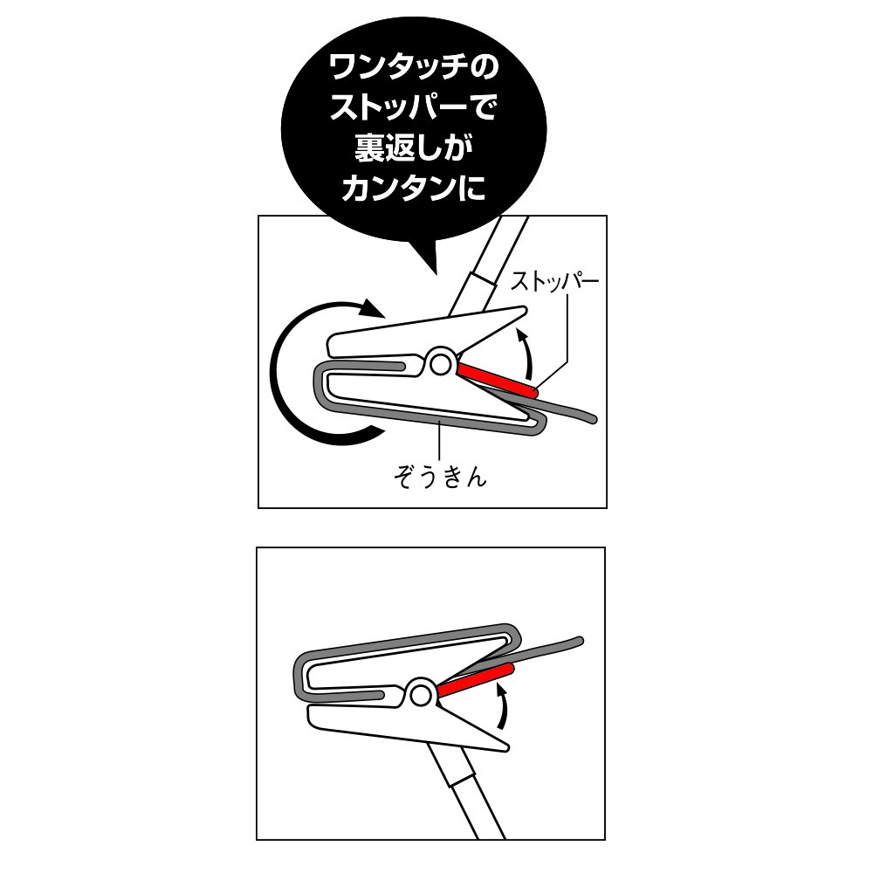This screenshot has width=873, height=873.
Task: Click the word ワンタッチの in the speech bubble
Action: coord(413,68)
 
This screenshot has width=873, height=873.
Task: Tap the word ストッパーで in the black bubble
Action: coord(413,108)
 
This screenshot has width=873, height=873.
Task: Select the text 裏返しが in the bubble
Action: coord(413,148)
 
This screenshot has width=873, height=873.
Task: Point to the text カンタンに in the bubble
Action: coord(413,188)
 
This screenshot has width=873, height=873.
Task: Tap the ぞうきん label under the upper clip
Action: coord(439,478)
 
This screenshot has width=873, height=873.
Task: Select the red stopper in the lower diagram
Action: coord(475,680)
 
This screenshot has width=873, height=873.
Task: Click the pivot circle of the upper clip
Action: coord(442,360)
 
